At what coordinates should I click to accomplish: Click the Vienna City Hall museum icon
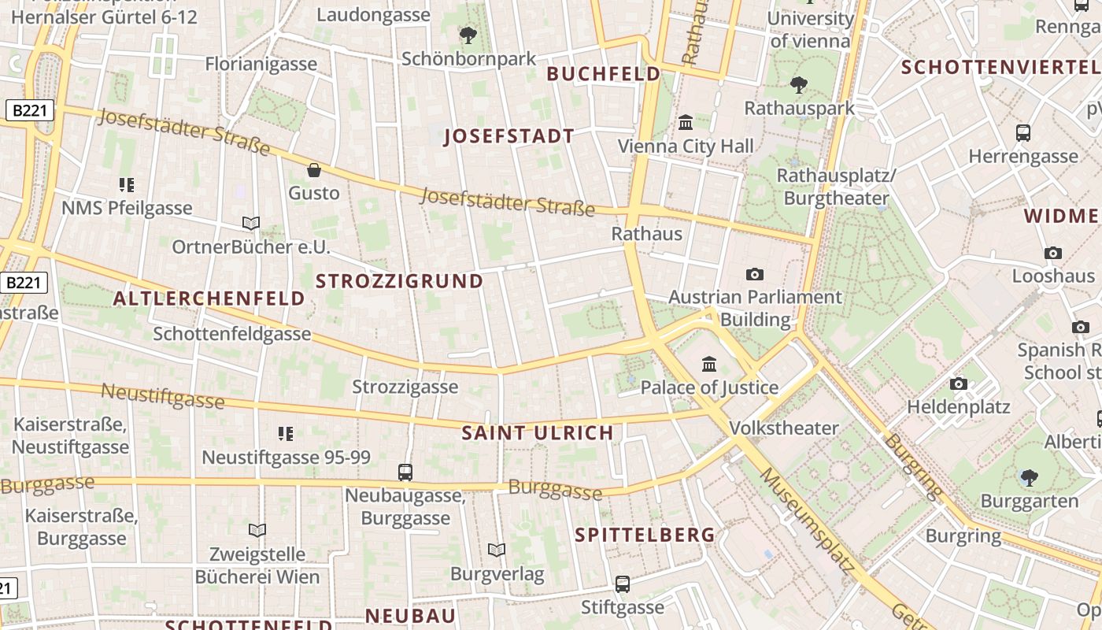pos(686,123)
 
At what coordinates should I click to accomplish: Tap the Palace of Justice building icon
pos(709,364)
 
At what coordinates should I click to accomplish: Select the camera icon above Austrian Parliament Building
pos(755,274)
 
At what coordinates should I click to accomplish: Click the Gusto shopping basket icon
pos(314,170)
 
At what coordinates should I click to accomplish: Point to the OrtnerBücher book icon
pos(251,224)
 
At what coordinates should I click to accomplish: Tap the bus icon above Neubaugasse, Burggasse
pos(405,472)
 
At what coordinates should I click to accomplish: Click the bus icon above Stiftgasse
pos(623,584)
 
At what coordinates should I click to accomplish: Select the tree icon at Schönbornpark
pos(468,35)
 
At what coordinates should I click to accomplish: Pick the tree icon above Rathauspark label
pos(799,84)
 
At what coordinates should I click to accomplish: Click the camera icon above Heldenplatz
pos(958,384)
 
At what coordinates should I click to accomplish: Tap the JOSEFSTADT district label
pos(509,136)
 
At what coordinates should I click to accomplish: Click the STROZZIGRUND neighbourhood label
pos(399,281)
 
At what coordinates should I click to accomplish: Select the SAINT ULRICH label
pos(537,432)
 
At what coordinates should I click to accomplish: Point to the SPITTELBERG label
pos(645,535)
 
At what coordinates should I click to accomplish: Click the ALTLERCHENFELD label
pos(209,298)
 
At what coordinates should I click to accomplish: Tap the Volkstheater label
pos(784,428)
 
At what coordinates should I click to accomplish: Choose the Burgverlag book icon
pos(497,550)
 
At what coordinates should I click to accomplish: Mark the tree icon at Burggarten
pos(1029,476)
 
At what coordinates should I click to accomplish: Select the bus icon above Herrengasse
pos(1023,133)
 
